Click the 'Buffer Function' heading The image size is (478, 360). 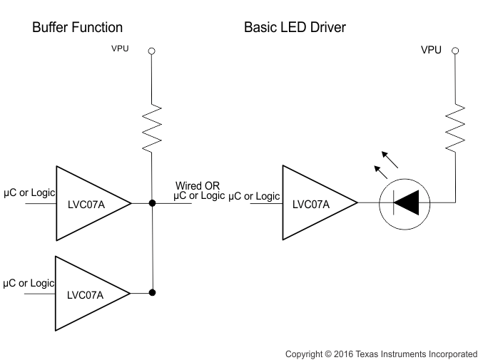click(77, 28)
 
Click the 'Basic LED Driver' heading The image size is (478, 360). click(294, 28)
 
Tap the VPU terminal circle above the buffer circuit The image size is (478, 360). click(151, 51)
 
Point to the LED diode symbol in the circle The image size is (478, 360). click(405, 204)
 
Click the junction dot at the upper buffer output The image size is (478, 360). click(151, 204)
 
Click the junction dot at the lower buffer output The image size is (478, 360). click(151, 292)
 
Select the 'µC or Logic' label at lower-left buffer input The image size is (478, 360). click(29, 283)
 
